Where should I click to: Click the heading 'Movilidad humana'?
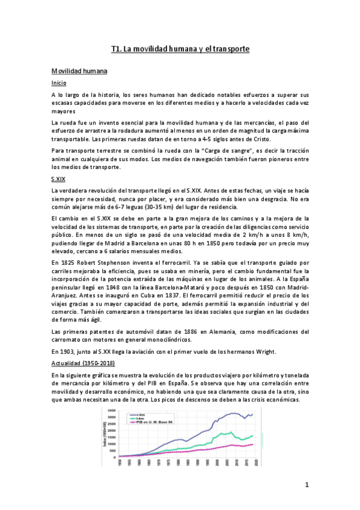tap(79, 72)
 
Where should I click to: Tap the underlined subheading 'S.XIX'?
tap(59, 180)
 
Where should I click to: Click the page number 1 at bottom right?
tap(306, 485)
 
